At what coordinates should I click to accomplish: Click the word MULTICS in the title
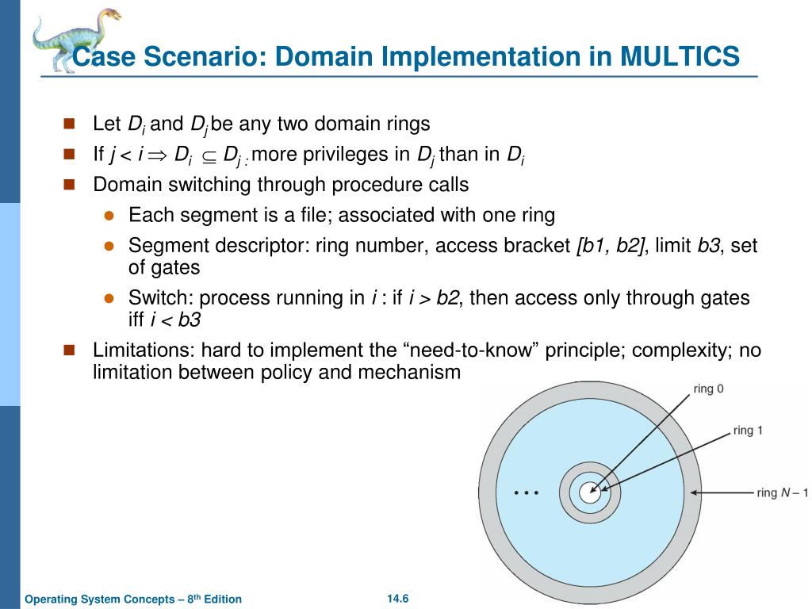680,57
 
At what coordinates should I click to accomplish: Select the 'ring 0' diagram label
708,389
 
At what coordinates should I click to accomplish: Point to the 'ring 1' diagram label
748,431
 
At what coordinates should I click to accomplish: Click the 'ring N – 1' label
782,492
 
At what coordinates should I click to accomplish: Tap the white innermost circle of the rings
589,492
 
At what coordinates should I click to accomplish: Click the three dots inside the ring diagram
526,492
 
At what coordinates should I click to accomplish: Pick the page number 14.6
397,598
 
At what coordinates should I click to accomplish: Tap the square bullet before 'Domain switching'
69,185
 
